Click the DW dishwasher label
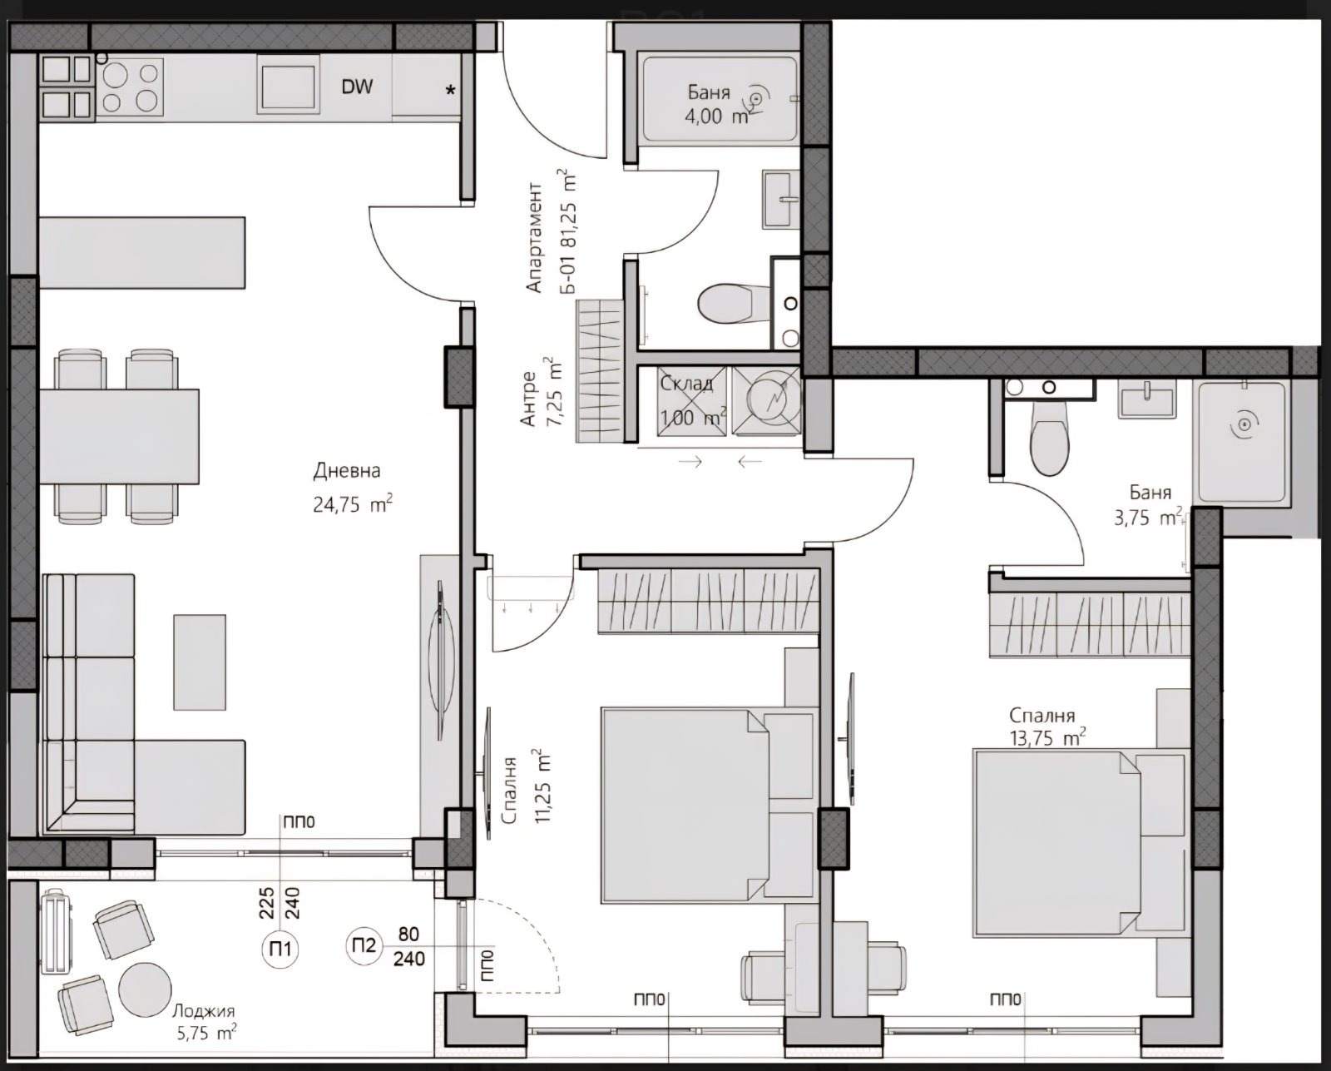click(x=357, y=86)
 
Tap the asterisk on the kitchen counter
click(x=451, y=90)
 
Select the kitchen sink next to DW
click(x=287, y=86)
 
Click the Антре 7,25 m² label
click(x=541, y=394)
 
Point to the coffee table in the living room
click(x=199, y=662)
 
